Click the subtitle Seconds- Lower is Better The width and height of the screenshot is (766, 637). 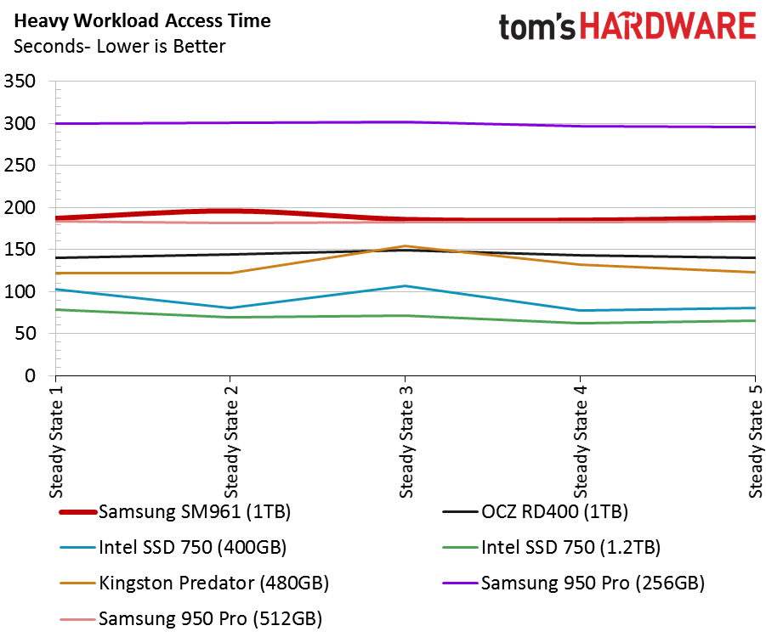tap(119, 46)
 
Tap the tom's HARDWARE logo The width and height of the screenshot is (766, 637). tap(627, 26)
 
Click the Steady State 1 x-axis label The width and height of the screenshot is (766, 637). tap(56, 442)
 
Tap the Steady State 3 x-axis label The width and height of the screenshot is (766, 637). tap(406, 442)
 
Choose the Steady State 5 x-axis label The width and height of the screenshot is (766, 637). tap(756, 442)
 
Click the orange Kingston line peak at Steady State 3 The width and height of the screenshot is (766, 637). tap(406, 246)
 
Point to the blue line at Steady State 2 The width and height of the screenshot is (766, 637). tap(230, 307)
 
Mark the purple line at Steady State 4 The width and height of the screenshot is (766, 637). tap(581, 127)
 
